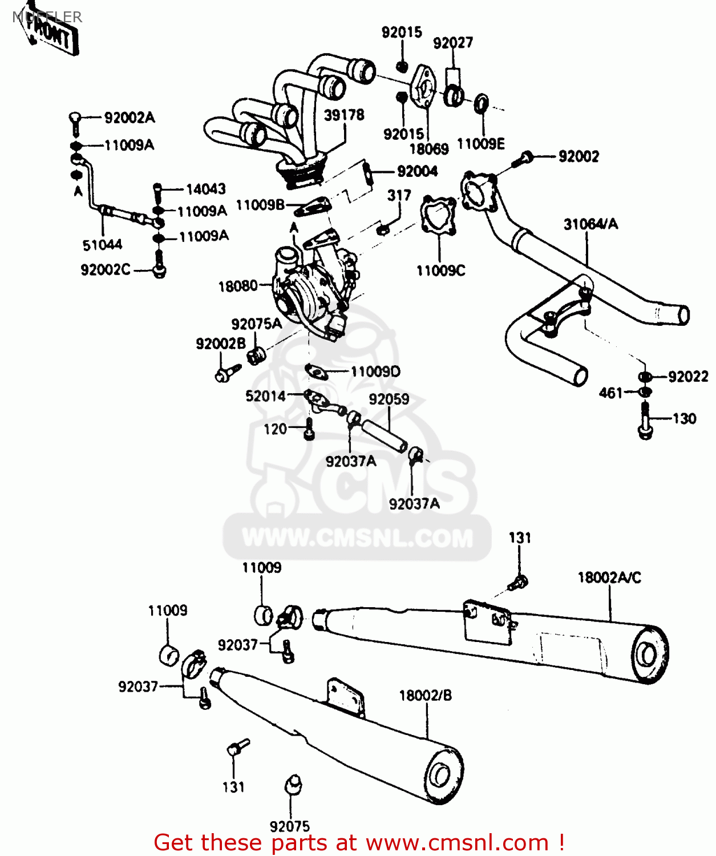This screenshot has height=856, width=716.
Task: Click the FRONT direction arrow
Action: [50, 34]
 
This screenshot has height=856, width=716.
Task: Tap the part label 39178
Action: [343, 115]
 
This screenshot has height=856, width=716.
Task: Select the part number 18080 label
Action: [237, 286]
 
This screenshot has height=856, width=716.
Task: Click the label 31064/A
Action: [590, 224]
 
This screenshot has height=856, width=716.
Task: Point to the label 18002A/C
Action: [609, 578]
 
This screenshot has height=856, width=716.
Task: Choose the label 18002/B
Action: [425, 696]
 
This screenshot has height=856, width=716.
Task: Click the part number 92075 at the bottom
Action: [289, 826]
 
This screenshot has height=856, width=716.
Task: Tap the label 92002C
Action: [106, 270]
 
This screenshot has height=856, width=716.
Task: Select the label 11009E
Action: [480, 144]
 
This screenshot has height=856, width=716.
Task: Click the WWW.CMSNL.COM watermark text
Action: [358, 538]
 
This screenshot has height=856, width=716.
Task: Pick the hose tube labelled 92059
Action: [385, 435]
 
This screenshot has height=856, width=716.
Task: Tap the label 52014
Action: [265, 396]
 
